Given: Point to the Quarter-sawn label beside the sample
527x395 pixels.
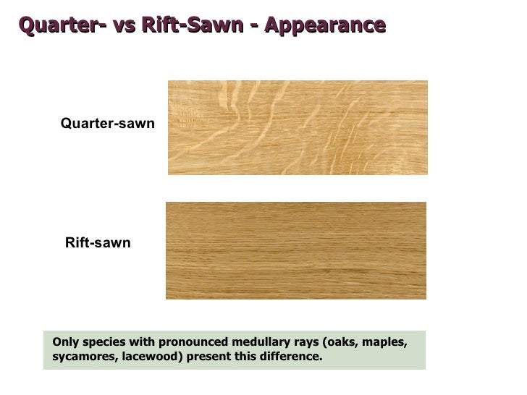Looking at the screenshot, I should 108,124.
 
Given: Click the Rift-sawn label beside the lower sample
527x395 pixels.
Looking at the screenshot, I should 98,243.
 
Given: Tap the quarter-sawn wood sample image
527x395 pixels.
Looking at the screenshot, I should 298,127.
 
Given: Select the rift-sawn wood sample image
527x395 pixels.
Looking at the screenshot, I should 295,250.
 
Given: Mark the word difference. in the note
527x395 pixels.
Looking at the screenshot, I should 294,357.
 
